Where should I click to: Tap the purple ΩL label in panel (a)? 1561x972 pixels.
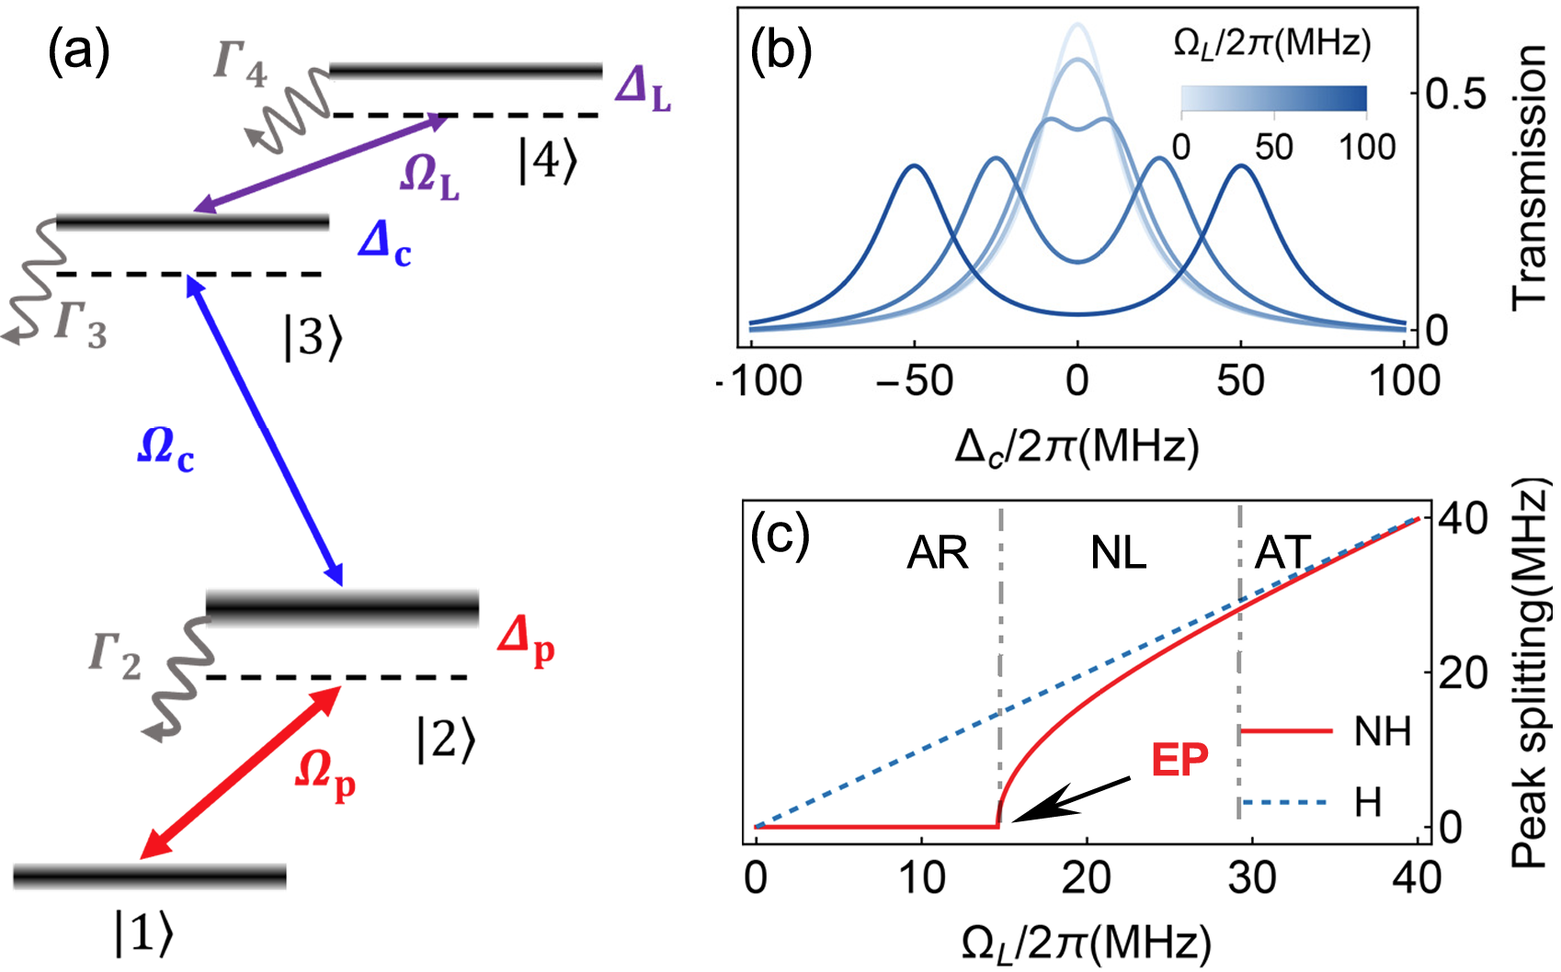tap(429, 175)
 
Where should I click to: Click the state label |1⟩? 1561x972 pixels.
tap(143, 933)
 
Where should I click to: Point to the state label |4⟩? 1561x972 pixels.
tap(548, 163)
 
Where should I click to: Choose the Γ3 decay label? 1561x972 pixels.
tap(81, 325)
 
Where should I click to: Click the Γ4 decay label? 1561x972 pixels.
tap(240, 64)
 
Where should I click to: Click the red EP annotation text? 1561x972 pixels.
tap(1179, 759)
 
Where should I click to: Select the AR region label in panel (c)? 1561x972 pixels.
tap(938, 553)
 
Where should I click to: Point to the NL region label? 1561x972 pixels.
tap(1118, 553)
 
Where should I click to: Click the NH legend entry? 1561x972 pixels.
tap(1382, 732)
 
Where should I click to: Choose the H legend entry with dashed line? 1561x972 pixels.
tap(1367, 803)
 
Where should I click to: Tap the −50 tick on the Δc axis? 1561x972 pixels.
tap(914, 381)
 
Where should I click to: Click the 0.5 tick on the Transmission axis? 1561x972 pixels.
tap(1455, 95)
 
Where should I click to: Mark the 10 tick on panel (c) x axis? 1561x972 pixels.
tap(921, 879)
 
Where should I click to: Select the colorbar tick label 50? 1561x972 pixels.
tap(1274, 147)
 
